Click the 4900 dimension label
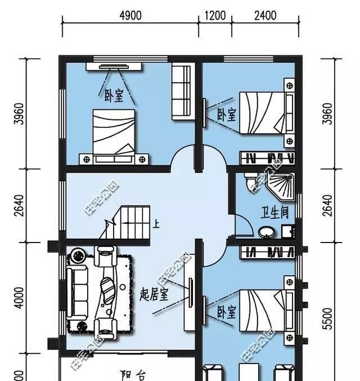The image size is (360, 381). [x=130, y=15]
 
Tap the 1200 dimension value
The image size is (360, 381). [x=215, y=15]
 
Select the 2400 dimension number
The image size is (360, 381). [x=265, y=15]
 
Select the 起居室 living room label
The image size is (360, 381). [x=154, y=295]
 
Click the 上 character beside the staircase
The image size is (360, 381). [x=156, y=225]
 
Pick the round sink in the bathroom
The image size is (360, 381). [x=264, y=231]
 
